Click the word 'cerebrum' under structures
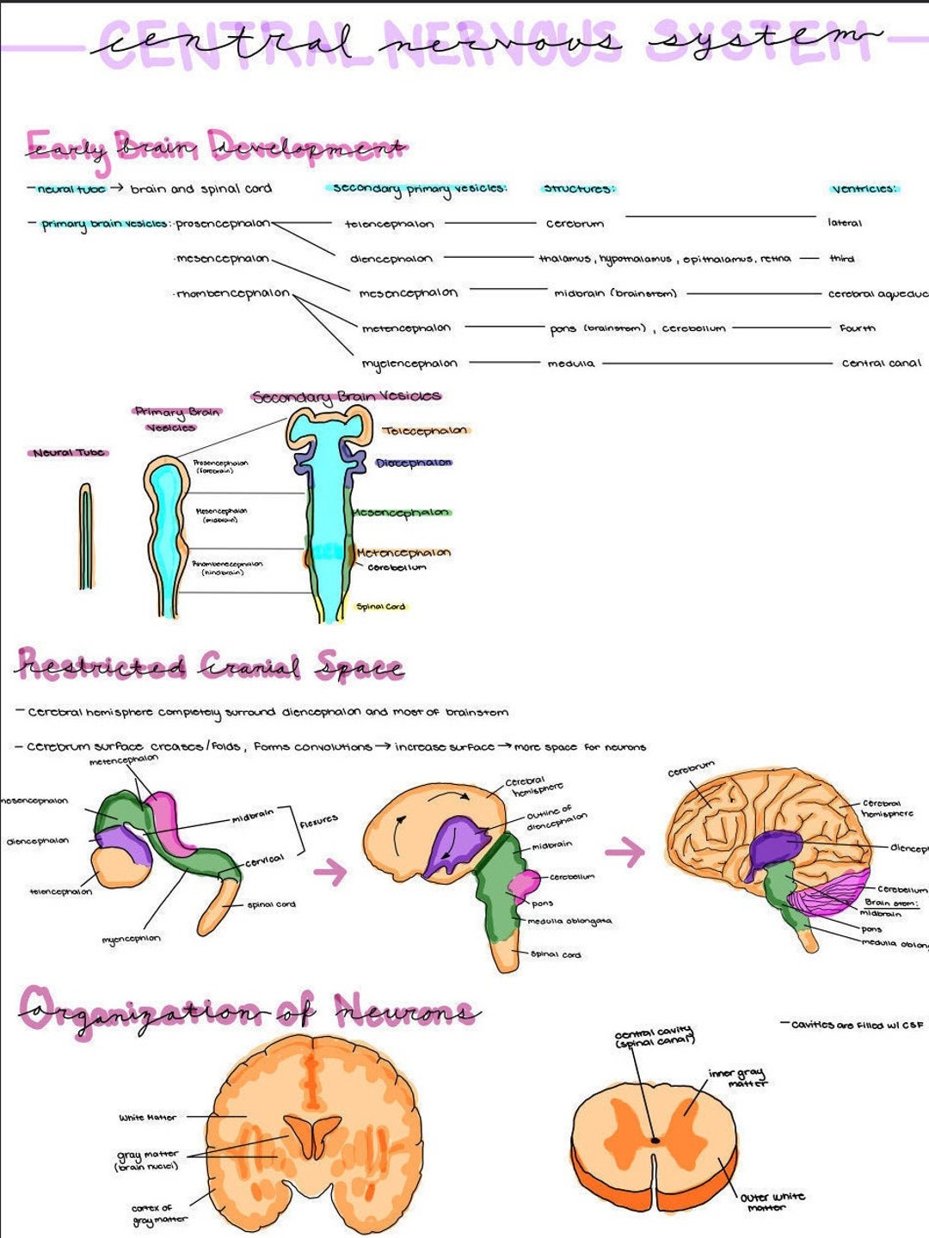(575, 224)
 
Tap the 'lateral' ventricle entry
(844, 223)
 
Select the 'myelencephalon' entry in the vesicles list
(409, 364)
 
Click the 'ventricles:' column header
(864, 188)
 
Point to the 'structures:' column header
(579, 188)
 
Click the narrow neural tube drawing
(85, 536)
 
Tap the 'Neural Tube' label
(69, 452)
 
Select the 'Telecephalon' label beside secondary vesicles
(425, 431)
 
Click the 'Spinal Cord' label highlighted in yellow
(380, 607)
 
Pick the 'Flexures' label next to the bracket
(318, 822)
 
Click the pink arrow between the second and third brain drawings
(624, 852)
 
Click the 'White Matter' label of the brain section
(147, 1118)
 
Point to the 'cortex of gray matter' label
(152, 1214)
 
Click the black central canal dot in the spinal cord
(655, 1140)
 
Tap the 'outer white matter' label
(772, 1201)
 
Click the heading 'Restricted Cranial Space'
(210, 666)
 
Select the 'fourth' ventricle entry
(857, 328)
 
